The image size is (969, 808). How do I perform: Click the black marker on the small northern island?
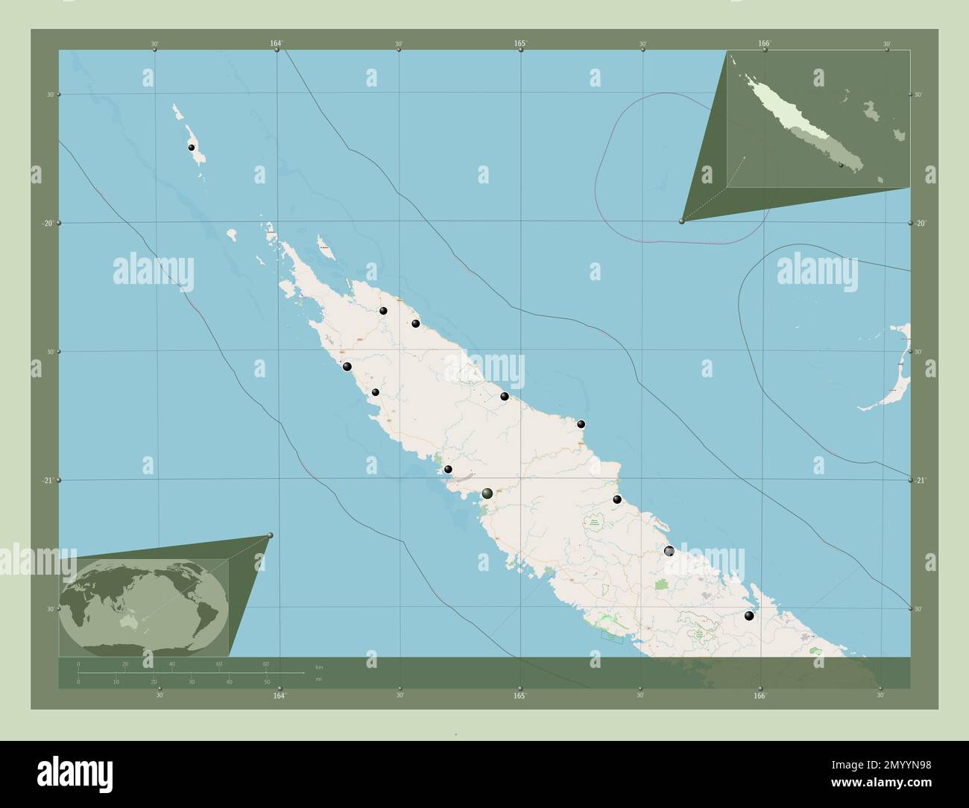tap(192, 148)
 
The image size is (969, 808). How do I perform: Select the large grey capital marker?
tap(487, 493)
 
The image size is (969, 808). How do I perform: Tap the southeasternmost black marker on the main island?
tap(749, 616)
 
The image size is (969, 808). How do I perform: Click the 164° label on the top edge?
tap(276, 44)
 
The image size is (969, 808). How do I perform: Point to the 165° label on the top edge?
tap(520, 44)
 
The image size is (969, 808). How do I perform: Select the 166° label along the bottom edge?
tap(760, 695)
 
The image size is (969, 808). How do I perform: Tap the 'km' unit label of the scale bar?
tap(319, 666)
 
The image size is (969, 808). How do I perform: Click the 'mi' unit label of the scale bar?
tap(319, 679)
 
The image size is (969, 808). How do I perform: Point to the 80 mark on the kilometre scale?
tap(266, 663)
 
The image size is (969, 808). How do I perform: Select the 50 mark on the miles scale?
tap(267, 681)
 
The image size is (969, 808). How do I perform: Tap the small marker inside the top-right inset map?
tap(840, 165)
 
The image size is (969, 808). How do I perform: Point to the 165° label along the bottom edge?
tap(520, 695)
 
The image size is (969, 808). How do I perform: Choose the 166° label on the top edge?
tap(764, 44)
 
